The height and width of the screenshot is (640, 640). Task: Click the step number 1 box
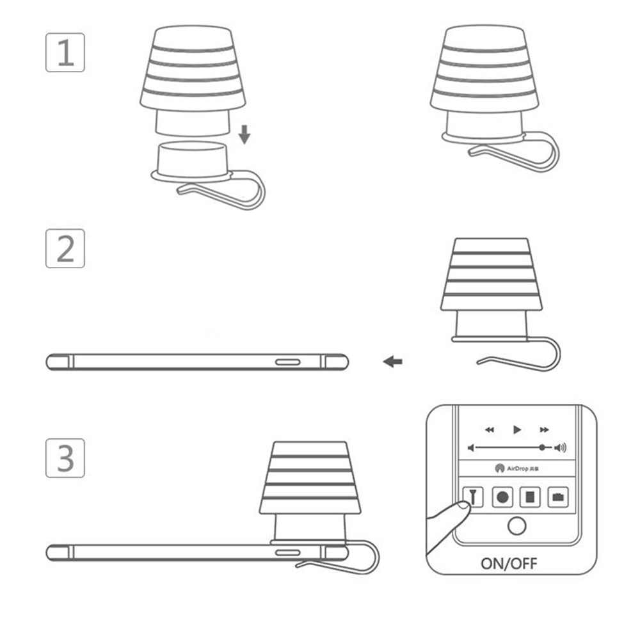tap(65, 52)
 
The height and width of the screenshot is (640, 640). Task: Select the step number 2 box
tap(65, 248)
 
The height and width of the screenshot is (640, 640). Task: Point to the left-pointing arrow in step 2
tap(393, 362)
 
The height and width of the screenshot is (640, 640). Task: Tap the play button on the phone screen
tap(517, 429)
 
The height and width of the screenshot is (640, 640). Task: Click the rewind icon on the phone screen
tap(490, 429)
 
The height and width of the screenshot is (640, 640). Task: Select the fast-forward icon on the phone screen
tap(545, 429)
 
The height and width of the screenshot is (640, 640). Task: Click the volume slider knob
tap(543, 448)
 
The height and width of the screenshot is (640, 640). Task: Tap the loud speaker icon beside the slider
tap(561, 448)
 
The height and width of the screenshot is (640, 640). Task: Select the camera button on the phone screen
tap(558, 496)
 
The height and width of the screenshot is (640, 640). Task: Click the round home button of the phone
tap(516, 527)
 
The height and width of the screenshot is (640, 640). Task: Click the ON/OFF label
tap(509, 564)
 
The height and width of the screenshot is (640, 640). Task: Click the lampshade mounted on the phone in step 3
tap(310, 477)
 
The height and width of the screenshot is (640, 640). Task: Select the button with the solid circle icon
tap(502, 496)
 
